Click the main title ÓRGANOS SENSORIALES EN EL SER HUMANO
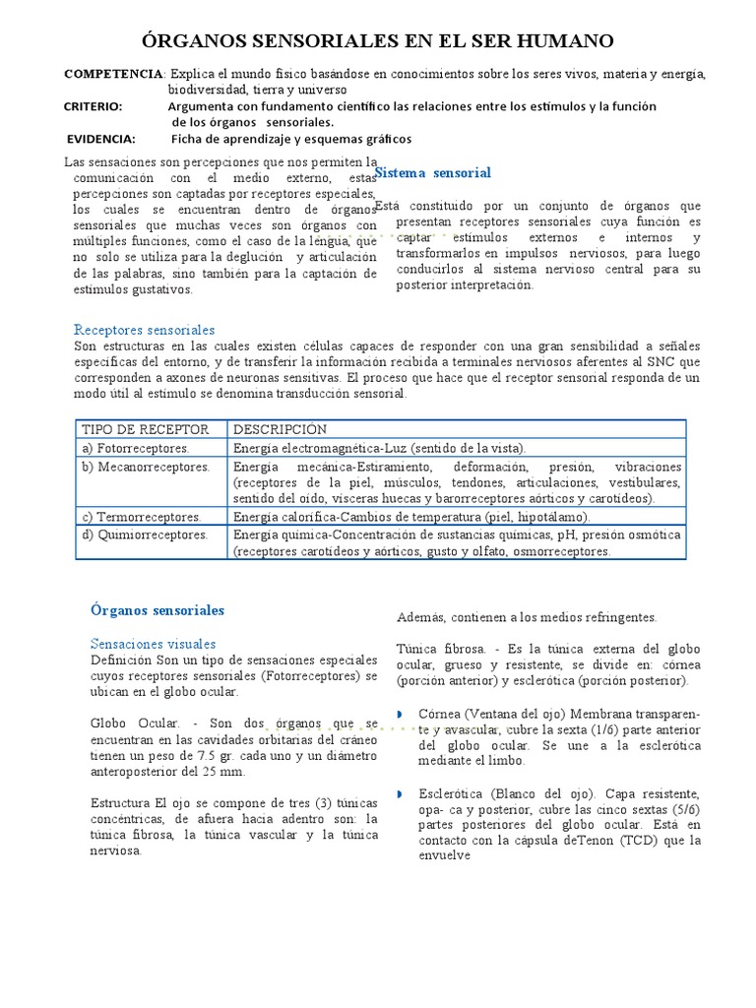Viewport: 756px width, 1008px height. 378,40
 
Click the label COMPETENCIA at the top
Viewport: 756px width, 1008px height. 113,74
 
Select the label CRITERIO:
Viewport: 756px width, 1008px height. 94,106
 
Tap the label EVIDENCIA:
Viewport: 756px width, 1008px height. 101,139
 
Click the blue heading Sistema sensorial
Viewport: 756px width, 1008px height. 433,173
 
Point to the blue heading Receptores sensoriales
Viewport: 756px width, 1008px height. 145,330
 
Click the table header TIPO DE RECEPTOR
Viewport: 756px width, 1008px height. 146,430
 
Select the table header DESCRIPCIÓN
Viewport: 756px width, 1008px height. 280,430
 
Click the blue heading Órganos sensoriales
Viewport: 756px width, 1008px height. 157,610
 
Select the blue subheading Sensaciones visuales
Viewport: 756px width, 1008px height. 153,644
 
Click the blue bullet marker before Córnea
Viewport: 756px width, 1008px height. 401,713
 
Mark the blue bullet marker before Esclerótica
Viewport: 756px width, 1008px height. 401,793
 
